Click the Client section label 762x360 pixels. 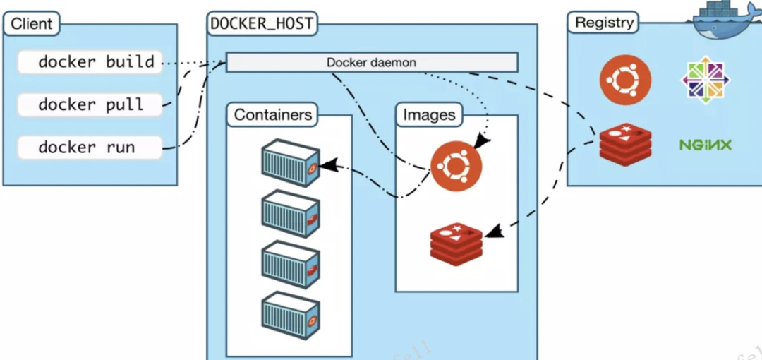pos(32,24)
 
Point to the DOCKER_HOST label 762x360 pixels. pos(262,23)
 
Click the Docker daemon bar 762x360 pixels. pos(372,62)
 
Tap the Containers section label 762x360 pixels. pos(272,114)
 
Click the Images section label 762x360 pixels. pos(429,114)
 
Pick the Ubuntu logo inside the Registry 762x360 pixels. pos(625,78)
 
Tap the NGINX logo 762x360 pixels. pos(705,145)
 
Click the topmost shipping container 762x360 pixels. pos(290,162)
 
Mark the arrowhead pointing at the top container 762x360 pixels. pos(325,167)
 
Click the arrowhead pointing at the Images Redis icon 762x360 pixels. pos(495,232)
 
